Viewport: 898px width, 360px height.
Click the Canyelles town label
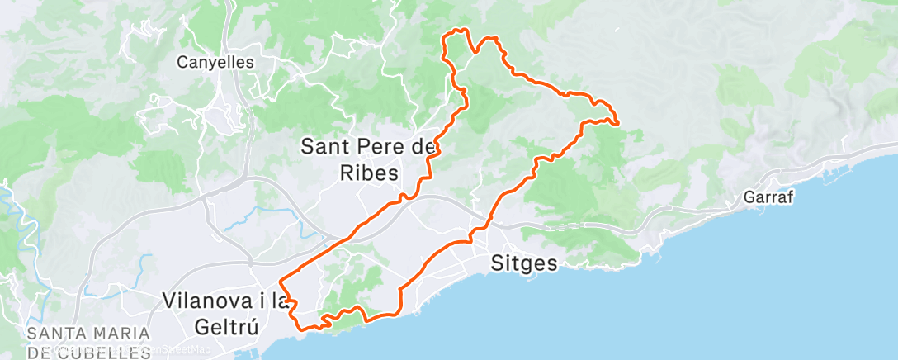[216, 61]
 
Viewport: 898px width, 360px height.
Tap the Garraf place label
[768, 198]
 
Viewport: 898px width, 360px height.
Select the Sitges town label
[525, 264]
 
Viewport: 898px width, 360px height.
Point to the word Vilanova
[210, 301]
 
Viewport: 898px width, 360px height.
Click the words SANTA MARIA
[88, 334]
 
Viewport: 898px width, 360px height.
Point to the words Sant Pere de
[368, 148]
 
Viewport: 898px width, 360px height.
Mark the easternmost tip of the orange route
[618, 124]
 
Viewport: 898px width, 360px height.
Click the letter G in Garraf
[748, 198]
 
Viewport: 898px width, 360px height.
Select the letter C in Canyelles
[183, 61]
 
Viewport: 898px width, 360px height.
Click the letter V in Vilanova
[170, 301]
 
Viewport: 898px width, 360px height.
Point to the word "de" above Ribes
[423, 148]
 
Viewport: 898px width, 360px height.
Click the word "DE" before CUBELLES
[38, 353]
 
